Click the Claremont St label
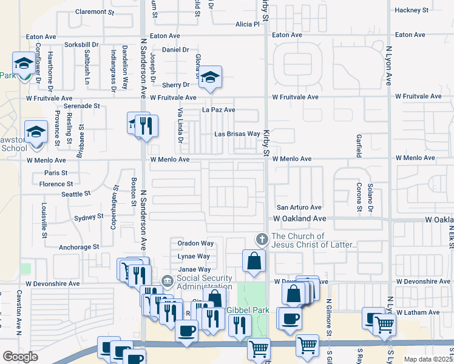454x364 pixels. pyautogui.click(x=94, y=12)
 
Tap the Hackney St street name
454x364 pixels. pyautogui.click(x=411, y=10)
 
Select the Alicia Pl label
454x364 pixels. pyautogui.click(x=247, y=24)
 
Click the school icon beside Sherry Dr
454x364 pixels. pyautogui.click(x=210, y=77)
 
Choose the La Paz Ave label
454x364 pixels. pyautogui.click(x=219, y=110)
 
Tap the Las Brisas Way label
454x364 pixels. pyautogui.click(x=237, y=134)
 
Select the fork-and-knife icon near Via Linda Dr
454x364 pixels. pyautogui.click(x=146, y=126)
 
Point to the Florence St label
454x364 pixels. pyautogui.click(x=56, y=184)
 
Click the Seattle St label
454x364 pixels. pyautogui.click(x=76, y=194)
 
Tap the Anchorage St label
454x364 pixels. pyautogui.click(x=79, y=248)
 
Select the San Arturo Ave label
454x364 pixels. pyautogui.click(x=299, y=207)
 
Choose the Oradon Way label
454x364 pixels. pyautogui.click(x=195, y=243)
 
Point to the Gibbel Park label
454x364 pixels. pyautogui.click(x=247, y=309)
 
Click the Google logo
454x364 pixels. pyautogui.click(x=20, y=356)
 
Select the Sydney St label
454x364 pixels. pyautogui.click(x=89, y=217)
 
